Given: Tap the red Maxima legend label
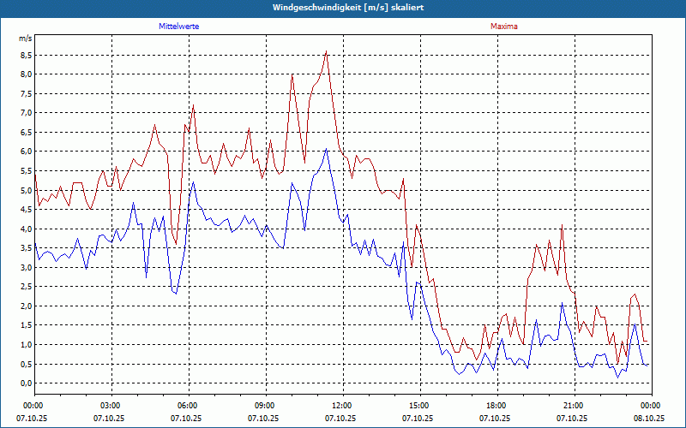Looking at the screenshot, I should click(503, 27).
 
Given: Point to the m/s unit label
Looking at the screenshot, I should click(25, 39).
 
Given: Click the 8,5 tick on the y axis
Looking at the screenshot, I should click(26, 55).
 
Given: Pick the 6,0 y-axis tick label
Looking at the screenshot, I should click(26, 152).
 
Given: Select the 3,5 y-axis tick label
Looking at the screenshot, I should click(26, 248).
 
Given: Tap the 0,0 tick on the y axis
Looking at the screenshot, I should click(26, 383).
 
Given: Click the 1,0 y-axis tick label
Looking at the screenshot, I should click(26, 345).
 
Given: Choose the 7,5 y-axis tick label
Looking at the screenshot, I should click(26, 93).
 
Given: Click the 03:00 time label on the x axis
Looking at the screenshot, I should click(111, 406).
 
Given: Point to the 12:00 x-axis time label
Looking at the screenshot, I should click(342, 406).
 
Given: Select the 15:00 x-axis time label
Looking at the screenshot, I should click(419, 406).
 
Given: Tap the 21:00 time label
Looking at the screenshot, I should click(574, 406).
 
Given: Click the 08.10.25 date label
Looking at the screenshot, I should click(649, 419).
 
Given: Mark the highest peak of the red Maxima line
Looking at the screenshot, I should click(327, 51).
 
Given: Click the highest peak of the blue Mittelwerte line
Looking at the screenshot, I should click(326, 150).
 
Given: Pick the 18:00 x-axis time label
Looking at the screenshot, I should click(496, 406).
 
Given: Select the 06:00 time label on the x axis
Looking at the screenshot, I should click(188, 406).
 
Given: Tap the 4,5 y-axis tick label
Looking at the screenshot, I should click(26, 210).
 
